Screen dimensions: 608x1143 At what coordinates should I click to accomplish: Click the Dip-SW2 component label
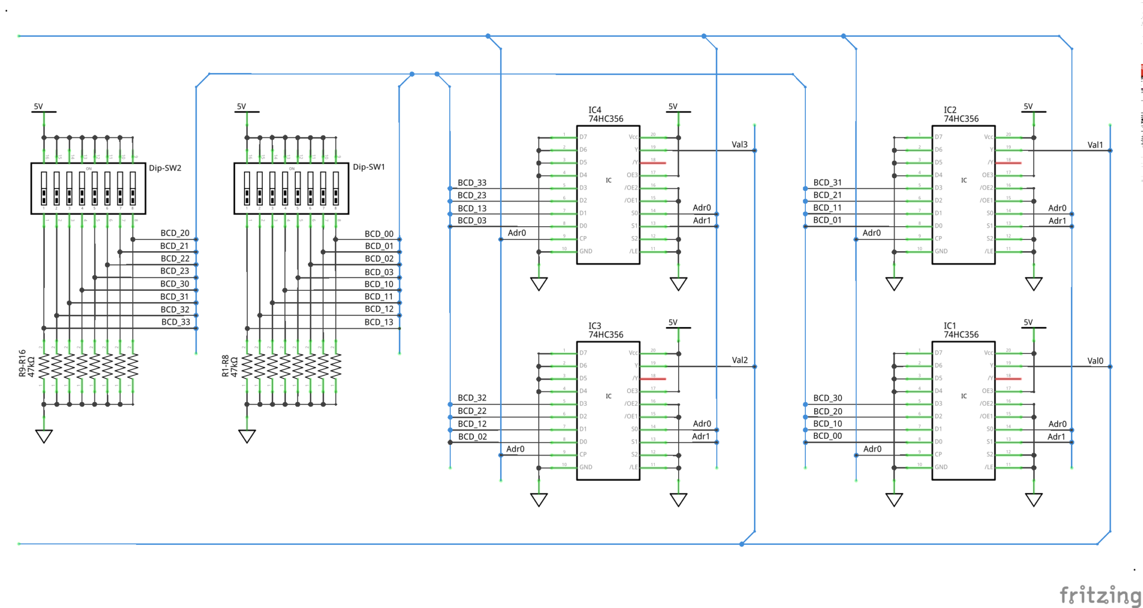[x=165, y=168]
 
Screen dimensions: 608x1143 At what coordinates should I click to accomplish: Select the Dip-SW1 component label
[x=368, y=167]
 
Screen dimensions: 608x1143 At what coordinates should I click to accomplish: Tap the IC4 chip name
[x=595, y=110]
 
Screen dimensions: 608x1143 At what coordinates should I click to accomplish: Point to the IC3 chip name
[x=595, y=325]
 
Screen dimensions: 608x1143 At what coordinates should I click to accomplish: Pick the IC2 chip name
[x=950, y=110]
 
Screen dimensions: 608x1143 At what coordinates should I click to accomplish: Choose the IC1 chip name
[x=950, y=325]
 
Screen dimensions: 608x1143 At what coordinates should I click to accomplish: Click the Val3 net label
[x=739, y=145]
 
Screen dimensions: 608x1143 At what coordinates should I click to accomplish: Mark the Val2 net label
[x=739, y=360]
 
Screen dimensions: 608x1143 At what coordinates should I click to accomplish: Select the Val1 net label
[x=1095, y=145]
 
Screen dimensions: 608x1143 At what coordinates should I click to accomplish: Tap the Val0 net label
[x=1095, y=361]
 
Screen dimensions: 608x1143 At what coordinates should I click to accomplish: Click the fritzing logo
[x=1099, y=595]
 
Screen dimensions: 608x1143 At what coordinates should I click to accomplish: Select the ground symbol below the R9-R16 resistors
[x=44, y=436]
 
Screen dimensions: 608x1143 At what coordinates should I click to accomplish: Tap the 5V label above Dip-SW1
[x=241, y=106]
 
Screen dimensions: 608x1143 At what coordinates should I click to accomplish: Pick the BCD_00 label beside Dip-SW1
[x=379, y=234]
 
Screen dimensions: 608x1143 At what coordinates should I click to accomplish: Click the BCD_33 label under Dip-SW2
[x=176, y=322]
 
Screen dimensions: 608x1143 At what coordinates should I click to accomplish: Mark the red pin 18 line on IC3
[x=653, y=379]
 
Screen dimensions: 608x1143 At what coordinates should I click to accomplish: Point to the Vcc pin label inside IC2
[x=988, y=137]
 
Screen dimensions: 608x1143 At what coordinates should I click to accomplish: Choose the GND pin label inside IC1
[x=941, y=467]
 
